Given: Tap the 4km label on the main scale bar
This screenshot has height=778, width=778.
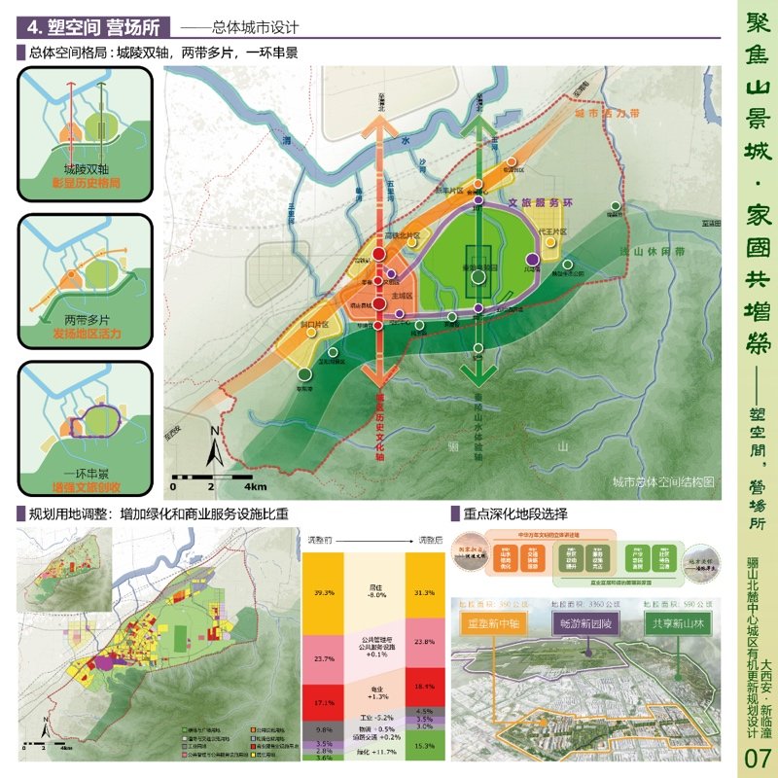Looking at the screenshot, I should (255, 484).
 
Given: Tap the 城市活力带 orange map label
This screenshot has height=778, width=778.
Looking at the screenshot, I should (606, 114).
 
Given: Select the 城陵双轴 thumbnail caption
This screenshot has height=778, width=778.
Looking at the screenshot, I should (84, 168).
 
